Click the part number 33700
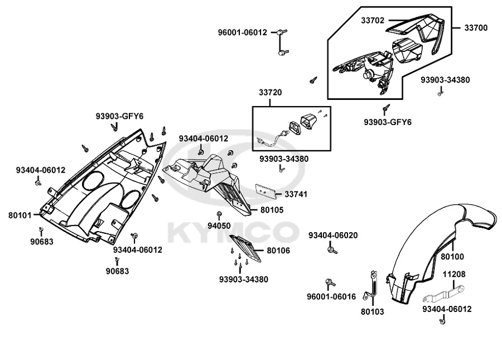pyautogui.click(x=476, y=28)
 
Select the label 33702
pyautogui.click(x=373, y=20)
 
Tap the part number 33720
pyautogui.click(x=270, y=93)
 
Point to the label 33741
pyautogui.click(x=296, y=194)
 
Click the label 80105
pyautogui.click(x=272, y=210)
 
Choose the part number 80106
pyautogui.click(x=278, y=251)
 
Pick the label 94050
pyautogui.click(x=219, y=226)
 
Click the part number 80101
pyautogui.click(x=20, y=215)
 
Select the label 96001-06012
pyautogui.click(x=243, y=32)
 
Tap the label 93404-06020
pyautogui.click(x=333, y=236)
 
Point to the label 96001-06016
pyautogui.click(x=331, y=297)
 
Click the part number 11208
pyautogui.click(x=454, y=275)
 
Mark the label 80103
pyautogui.click(x=373, y=311)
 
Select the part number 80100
pyautogui.click(x=452, y=257)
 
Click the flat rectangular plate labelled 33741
pyautogui.click(x=266, y=190)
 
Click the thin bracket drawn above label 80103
pyautogui.click(x=371, y=286)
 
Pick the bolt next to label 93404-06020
pyautogui.click(x=332, y=249)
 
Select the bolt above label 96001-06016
pyautogui.click(x=330, y=282)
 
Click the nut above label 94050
pyautogui.click(x=219, y=214)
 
